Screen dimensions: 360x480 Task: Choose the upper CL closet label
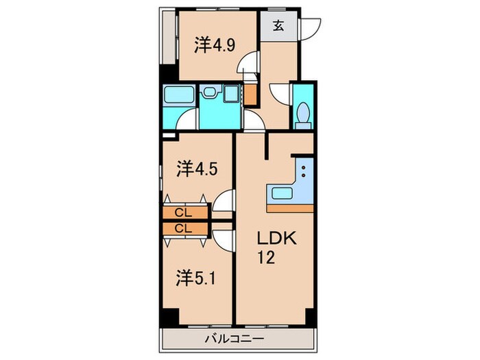click(x=183, y=213)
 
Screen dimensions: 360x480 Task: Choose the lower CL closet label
click(x=183, y=228)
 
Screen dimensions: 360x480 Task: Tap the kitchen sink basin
click(x=280, y=193)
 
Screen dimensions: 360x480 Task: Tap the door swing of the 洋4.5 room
click(x=223, y=204)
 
